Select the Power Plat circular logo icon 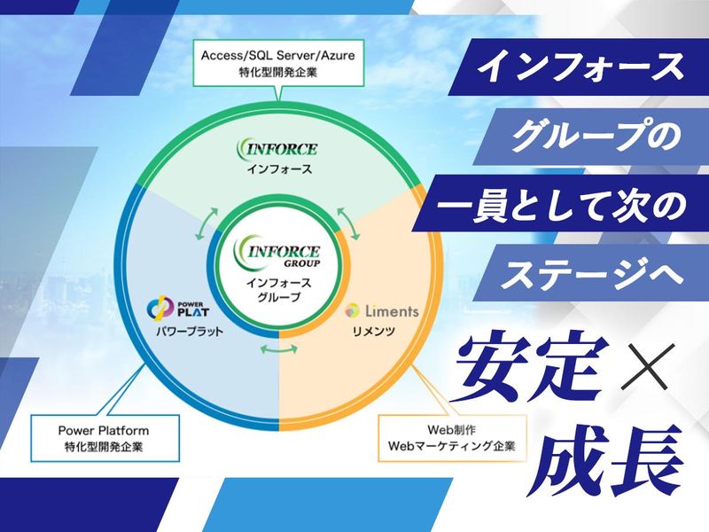point(158,310)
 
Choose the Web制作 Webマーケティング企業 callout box point(453,436)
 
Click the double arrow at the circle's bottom point(282,351)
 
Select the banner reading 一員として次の point(559,207)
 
